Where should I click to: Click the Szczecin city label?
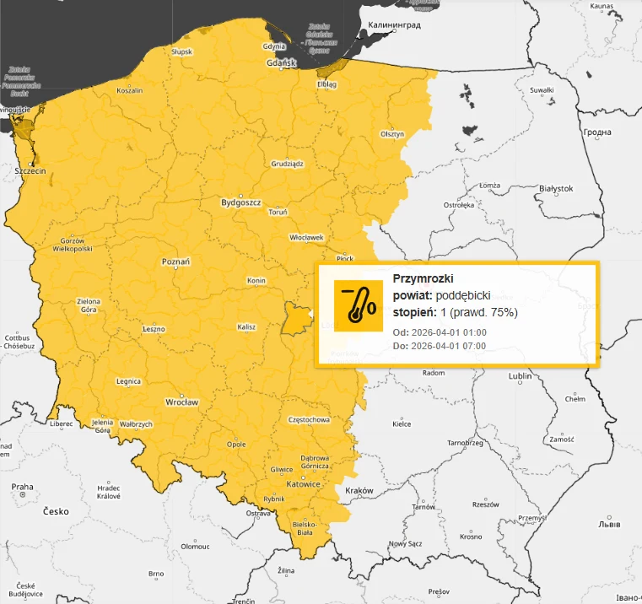[x=30, y=170]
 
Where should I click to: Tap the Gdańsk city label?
[x=281, y=63]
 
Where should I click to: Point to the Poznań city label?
[x=175, y=262]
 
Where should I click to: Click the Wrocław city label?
[x=182, y=402]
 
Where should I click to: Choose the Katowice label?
[x=303, y=484]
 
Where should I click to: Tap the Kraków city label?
[x=359, y=490]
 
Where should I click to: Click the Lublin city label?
[x=521, y=375]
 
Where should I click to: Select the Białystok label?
[x=555, y=189]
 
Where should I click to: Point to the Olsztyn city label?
[x=392, y=134]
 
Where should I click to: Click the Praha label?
[x=22, y=487]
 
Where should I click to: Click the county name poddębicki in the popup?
[x=463, y=296]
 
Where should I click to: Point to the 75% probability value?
[x=503, y=313]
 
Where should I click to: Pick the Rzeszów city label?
[x=486, y=504]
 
